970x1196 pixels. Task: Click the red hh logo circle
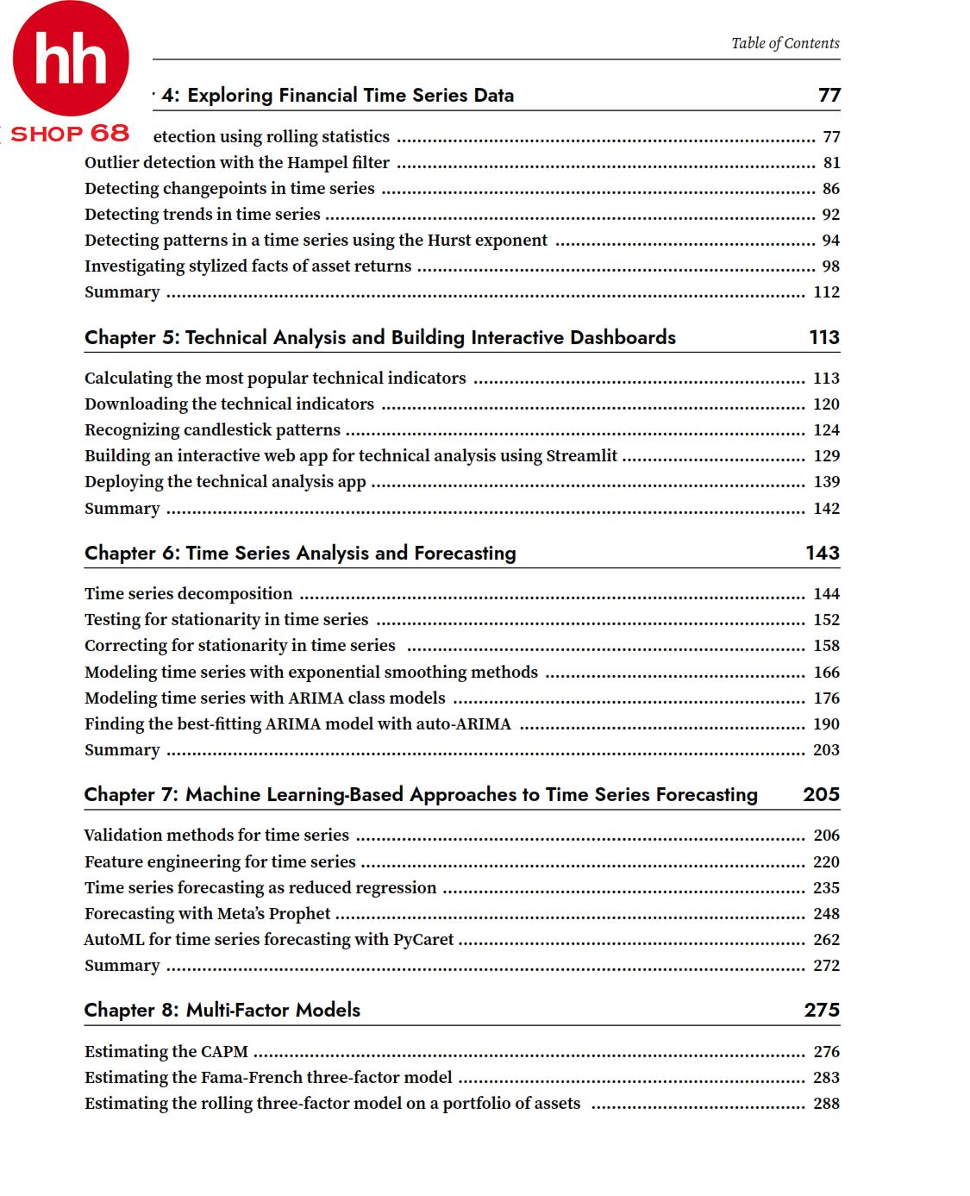coord(71,59)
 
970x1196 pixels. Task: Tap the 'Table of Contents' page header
coord(785,43)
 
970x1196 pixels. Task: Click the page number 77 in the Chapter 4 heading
coord(829,95)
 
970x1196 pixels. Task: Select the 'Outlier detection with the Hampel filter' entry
coord(237,162)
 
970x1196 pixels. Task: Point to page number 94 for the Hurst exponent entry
coord(830,240)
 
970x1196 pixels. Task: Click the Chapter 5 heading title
coord(379,337)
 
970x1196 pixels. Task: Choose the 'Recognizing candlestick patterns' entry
coord(212,429)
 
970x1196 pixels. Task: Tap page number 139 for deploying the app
coord(826,481)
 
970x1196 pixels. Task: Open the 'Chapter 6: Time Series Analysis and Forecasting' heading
coord(300,553)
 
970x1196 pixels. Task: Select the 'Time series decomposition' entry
coord(188,593)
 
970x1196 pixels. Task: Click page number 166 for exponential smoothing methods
coord(826,672)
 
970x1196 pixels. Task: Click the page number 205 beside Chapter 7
coord(821,794)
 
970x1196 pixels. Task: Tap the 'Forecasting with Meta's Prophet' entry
coord(207,913)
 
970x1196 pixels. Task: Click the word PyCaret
coord(422,939)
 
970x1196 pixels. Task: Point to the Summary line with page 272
coord(122,965)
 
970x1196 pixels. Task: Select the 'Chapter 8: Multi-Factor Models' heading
coord(222,1010)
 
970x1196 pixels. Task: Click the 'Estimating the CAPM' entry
coord(166,1051)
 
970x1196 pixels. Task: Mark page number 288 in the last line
coord(826,1103)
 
